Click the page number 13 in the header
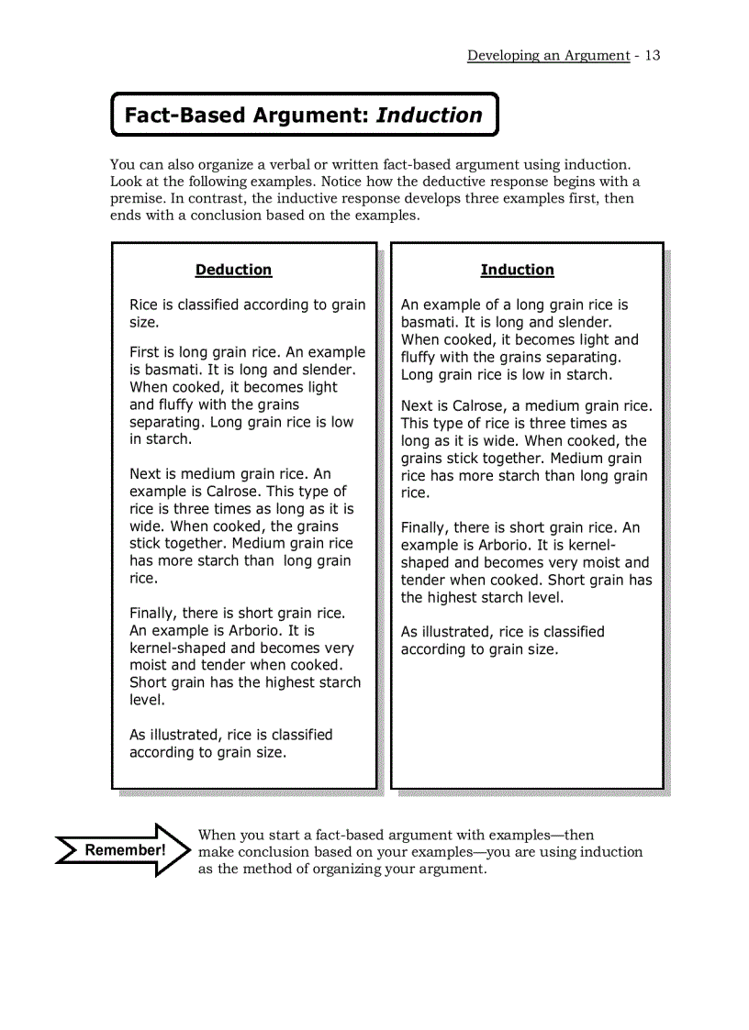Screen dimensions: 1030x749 pyautogui.click(x=652, y=55)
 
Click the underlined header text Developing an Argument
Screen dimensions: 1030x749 pyautogui.click(x=548, y=55)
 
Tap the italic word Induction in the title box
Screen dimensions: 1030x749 pyautogui.click(x=429, y=116)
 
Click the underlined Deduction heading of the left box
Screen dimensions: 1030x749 pyautogui.click(x=233, y=270)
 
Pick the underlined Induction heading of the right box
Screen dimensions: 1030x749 pyautogui.click(x=517, y=270)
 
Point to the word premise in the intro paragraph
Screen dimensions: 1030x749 pyautogui.click(x=137, y=199)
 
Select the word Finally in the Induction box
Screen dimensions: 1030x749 pyautogui.click(x=425, y=527)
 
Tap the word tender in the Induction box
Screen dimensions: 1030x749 pyautogui.click(x=425, y=580)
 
